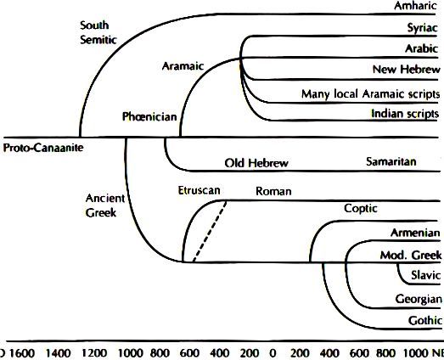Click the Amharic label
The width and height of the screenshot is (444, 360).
(415, 6)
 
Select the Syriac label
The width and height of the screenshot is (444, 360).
(423, 28)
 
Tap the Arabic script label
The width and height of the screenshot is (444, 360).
(422, 48)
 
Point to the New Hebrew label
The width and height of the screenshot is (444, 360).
(407, 69)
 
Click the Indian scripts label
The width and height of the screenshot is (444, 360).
(405, 114)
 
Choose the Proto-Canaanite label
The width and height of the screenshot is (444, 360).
(43, 148)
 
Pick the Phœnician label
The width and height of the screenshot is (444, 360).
(149, 116)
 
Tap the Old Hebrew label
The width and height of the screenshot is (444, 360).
(256, 163)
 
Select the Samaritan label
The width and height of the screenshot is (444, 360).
(391, 161)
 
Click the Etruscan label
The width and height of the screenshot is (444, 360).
(199, 190)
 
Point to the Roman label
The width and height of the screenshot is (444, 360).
(273, 191)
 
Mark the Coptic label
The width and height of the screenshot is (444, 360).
(361, 209)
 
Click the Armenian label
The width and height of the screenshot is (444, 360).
(415, 233)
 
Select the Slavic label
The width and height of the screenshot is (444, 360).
(426, 275)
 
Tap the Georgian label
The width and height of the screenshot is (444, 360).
(419, 299)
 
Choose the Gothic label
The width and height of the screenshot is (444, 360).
(425, 320)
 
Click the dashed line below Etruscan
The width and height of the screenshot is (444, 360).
(210, 232)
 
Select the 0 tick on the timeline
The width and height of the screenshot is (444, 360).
(273, 353)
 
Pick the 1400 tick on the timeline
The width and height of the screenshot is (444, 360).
(59, 353)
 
